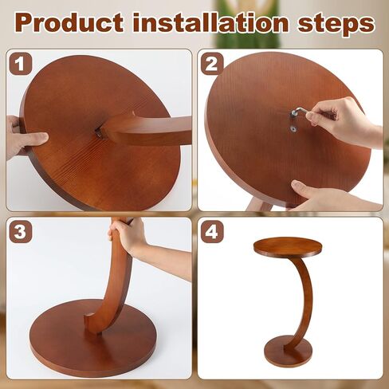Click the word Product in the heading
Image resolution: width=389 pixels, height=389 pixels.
69,24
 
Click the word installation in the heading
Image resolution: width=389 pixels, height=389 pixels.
210,22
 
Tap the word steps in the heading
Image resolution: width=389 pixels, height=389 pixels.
336,25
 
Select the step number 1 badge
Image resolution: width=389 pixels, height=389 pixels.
21,64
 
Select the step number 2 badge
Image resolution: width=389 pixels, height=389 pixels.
212,64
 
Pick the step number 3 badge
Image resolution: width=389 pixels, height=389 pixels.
21,231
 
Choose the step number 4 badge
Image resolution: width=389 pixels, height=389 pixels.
212,231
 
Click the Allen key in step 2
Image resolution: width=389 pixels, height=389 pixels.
301,112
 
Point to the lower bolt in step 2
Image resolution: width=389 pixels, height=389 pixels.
294,129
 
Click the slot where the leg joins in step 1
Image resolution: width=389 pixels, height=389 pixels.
99,133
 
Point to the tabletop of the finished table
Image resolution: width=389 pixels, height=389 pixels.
288,247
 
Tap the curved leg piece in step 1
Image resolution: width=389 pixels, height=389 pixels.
149,130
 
